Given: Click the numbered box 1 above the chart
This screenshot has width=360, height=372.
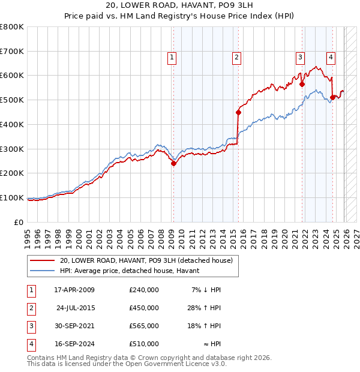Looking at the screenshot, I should point(172,58).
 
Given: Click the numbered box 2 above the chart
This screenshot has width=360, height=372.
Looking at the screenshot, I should point(236,58).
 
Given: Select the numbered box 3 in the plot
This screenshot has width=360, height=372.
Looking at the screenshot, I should point(299,58).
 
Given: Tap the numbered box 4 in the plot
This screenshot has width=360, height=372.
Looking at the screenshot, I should point(331,58).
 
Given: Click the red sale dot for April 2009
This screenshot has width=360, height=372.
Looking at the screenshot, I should point(173,163).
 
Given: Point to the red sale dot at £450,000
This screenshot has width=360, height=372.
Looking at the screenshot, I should point(238,112).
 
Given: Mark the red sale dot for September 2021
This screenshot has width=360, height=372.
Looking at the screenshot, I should point(302,85).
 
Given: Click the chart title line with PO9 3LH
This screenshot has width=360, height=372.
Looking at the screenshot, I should point(180,7).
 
